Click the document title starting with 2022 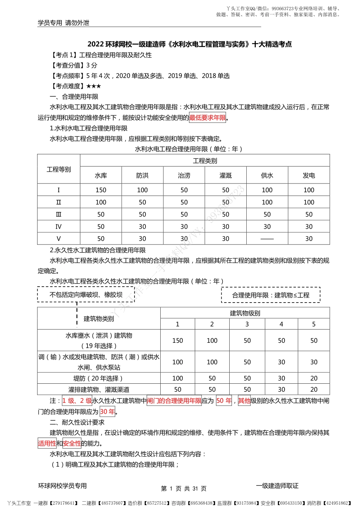pos(189,44)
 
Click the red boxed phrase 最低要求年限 pos(207,118)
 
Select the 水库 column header pos(101,176)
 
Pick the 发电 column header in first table pos(309,176)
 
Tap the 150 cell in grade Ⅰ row pos(101,190)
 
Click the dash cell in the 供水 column pos(267,239)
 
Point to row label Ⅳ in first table pos(58,227)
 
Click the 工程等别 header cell pos(59,169)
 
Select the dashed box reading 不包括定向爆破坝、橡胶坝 pos(86,295)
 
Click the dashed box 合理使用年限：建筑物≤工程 pos(271,295)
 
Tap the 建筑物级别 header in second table pos(245,313)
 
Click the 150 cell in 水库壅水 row pos(177,341)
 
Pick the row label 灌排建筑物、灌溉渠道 pos(99,389)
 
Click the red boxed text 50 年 pos(224,401)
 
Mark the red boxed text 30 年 pos(107,411)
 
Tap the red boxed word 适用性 pos(47,443)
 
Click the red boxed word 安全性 pos(72,443)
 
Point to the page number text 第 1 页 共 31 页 pos(184,488)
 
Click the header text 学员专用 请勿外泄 pos(64,23)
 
